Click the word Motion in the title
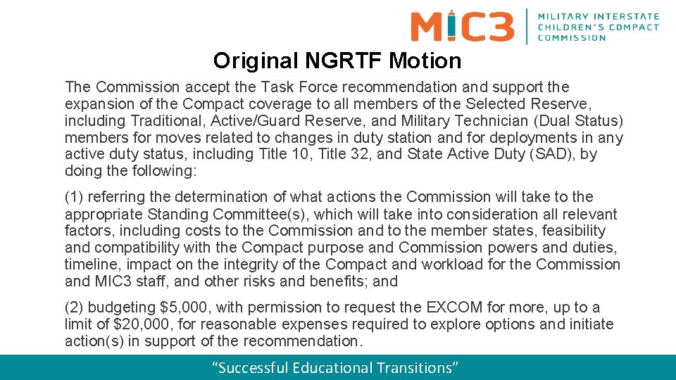[426, 61]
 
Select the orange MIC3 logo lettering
[463, 26]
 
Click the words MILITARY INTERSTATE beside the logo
[598, 16]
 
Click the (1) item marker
[73, 197]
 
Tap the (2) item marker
[73, 308]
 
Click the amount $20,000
[130, 324]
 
